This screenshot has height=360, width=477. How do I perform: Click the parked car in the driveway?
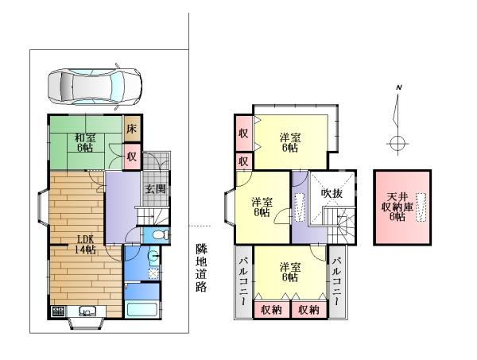(95, 87)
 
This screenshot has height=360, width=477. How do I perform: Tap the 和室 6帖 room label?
(85, 143)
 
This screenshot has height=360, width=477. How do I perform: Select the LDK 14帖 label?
(86, 244)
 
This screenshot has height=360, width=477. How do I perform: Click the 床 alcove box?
(132, 129)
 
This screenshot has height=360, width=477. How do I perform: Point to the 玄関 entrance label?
(155, 189)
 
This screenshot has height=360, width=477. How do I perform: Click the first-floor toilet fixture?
(160, 234)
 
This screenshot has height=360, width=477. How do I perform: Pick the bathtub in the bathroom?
(142, 309)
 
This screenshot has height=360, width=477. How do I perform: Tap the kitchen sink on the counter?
(87, 312)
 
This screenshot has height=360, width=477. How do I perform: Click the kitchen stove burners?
(58, 312)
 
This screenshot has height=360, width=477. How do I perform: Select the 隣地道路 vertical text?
(201, 268)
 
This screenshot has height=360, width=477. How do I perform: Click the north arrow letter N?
(399, 87)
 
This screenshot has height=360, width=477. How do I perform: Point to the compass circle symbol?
(397, 143)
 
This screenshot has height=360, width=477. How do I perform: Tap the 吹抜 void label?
(332, 193)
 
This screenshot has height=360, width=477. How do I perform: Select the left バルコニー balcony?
(244, 282)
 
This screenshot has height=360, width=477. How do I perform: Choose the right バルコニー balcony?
(337, 282)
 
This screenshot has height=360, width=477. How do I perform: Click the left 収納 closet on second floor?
(272, 309)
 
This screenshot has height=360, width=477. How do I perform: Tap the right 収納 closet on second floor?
(309, 309)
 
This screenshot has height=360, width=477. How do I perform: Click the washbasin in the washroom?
(153, 256)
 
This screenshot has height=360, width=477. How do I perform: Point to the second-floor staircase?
(340, 225)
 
